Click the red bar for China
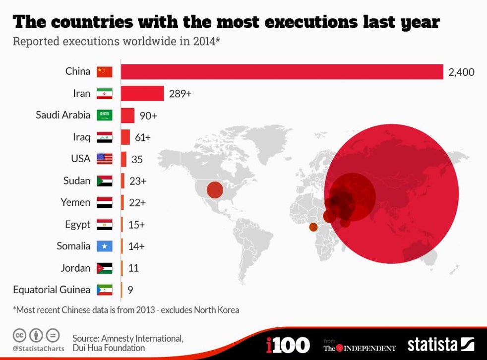pos(282,71)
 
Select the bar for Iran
pos(142,93)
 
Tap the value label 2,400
pos(461,72)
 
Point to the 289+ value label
pos(180,93)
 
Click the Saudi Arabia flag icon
pos(104,115)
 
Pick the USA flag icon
pos(104,159)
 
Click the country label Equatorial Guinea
pos(52,290)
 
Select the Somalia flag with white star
pos(104,246)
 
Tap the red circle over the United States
pos(215,190)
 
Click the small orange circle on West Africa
pos(313,227)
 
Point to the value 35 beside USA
pos(137,159)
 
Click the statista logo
pos(440,344)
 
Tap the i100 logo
pos(288,345)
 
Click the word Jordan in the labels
pos(75,268)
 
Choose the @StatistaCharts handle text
pos(38,348)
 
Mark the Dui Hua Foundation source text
pos(109,348)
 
